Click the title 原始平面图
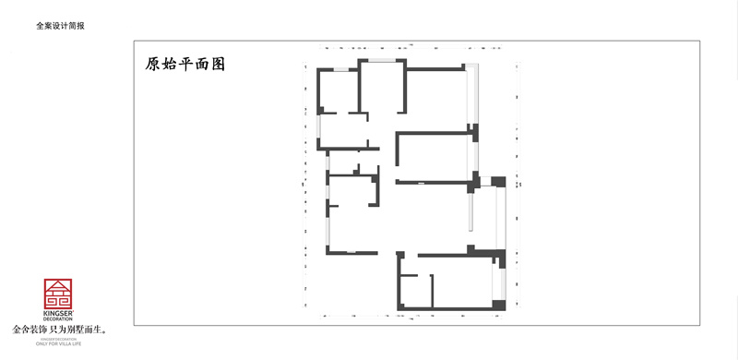tap(185, 65)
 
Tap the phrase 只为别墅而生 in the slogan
tap(80, 330)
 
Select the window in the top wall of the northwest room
tap(342, 70)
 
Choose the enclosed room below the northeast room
tap(434, 157)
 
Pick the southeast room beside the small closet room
tap(461, 282)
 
